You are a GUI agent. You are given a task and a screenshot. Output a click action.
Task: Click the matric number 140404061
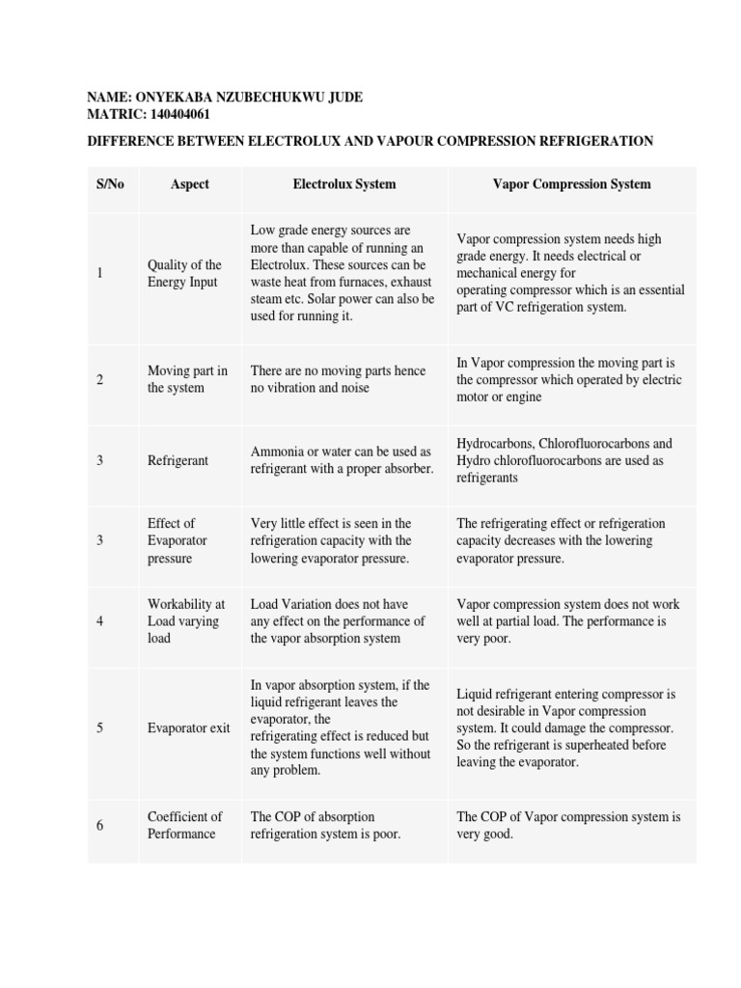175,114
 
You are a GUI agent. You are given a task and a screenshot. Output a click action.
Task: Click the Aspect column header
189,184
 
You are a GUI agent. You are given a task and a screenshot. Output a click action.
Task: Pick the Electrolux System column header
344,184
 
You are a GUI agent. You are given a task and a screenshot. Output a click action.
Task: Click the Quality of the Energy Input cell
184,273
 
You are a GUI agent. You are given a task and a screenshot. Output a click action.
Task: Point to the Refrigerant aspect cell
178,461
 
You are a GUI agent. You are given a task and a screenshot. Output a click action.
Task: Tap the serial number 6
100,825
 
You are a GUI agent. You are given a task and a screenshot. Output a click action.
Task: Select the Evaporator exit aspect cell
188,728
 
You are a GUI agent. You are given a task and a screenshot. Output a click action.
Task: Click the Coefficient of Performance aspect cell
184,825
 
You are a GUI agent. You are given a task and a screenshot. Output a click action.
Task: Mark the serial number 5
100,728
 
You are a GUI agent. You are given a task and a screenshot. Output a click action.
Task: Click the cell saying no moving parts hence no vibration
323,379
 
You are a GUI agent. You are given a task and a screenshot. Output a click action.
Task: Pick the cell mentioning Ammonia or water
342,460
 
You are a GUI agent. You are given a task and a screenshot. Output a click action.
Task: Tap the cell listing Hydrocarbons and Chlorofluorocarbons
564,460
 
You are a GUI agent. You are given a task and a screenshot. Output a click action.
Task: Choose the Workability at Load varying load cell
185,621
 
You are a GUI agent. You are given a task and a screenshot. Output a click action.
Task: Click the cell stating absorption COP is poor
325,825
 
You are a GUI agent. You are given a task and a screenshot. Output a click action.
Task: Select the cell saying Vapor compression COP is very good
568,825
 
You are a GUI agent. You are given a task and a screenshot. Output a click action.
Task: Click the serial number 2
100,379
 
